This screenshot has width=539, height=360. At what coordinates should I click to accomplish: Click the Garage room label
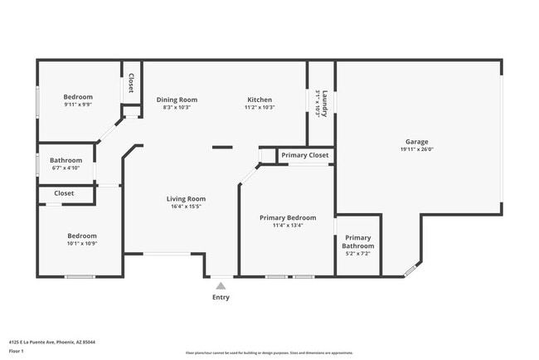416,141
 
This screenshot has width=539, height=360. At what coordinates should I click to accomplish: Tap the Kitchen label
260,100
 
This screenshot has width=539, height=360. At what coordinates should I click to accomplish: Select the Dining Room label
177,100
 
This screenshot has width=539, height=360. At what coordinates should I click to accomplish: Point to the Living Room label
186,199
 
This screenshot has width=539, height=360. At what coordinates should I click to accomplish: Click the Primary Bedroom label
287,217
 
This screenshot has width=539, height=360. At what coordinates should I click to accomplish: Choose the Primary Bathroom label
359,241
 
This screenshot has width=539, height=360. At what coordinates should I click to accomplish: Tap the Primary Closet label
304,155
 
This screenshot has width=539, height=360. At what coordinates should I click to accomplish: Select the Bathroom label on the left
66,160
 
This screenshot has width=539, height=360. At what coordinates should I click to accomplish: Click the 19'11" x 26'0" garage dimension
416,149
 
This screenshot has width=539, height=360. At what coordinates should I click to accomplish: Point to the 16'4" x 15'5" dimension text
186,207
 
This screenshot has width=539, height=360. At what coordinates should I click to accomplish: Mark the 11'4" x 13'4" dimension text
287,225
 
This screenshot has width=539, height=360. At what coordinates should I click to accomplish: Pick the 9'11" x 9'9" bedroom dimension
78,105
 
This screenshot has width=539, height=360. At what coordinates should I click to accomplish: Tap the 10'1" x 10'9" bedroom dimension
82,243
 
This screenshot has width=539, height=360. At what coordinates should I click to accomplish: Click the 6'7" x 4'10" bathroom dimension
66,168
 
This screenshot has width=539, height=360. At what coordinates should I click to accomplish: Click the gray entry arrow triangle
221,285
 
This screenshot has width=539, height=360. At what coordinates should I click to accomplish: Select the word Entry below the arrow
221,297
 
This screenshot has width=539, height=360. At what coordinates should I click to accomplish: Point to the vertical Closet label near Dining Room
131,83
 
